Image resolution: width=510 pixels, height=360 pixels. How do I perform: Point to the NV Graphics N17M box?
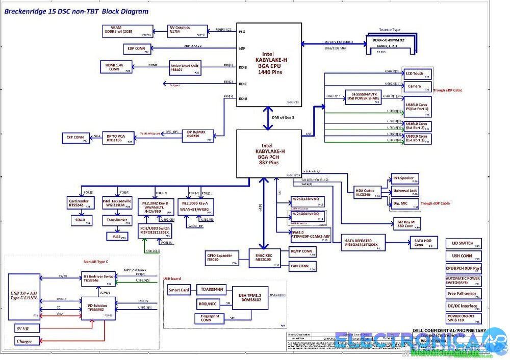pos(187,31)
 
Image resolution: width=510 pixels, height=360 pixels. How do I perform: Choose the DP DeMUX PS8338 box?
pos(196,135)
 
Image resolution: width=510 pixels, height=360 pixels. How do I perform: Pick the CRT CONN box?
pos(75,137)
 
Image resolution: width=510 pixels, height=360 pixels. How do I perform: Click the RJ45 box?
pos(117,236)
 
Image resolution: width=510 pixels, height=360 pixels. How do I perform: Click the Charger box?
pos(24,341)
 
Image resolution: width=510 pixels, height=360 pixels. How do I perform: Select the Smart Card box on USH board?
pos(179,291)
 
